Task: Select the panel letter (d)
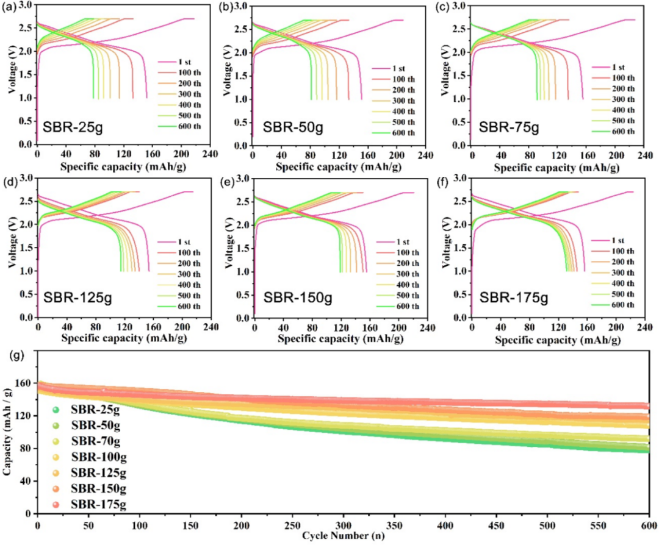[x=10, y=182]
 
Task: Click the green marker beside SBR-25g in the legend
[x=56, y=410]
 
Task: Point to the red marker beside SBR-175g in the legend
[x=56, y=504]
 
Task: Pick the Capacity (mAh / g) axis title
[x=7, y=436]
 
